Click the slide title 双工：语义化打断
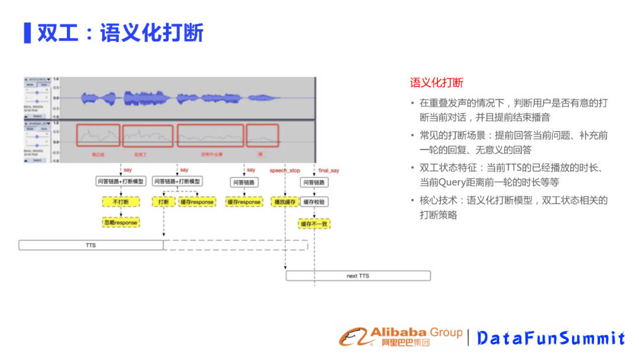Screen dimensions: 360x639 point(121,33)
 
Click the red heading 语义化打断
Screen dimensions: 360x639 point(437,83)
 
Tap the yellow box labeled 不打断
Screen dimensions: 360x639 point(121,202)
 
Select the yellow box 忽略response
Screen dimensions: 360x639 point(121,223)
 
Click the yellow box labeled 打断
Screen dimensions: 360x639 point(163,202)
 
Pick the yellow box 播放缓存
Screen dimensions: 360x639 point(285,202)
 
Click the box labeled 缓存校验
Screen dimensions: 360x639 point(314,202)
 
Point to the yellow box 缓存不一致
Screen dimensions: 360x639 point(314,224)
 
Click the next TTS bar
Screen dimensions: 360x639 point(358,276)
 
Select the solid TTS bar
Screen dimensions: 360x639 point(91,245)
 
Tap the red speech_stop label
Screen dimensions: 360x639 point(285,171)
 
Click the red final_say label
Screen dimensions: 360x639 point(328,171)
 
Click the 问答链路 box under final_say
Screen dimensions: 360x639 point(314,182)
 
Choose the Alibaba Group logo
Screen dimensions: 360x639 point(400,337)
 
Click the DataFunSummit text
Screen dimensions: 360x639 point(551,338)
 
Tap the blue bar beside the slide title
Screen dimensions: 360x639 point(27,33)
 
